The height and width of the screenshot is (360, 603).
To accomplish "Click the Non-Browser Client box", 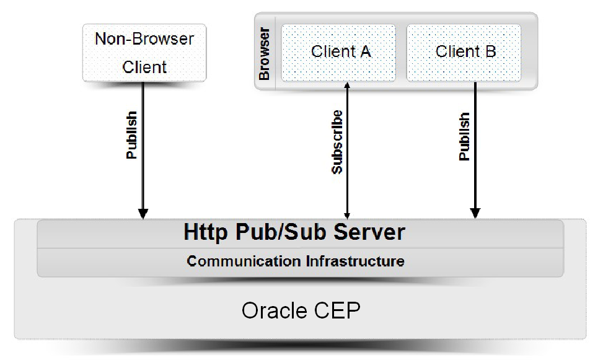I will pyautogui.click(x=144, y=53).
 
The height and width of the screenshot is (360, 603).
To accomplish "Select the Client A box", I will pyautogui.click(x=338, y=52).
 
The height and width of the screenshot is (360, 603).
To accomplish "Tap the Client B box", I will pyautogui.click(x=465, y=52).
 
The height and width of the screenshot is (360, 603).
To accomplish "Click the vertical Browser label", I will pyautogui.click(x=265, y=54).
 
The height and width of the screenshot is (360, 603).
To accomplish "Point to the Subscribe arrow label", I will pyautogui.click(x=337, y=142).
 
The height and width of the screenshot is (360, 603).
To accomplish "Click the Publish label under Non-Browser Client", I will pyautogui.click(x=132, y=135).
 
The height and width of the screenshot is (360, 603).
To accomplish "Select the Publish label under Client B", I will pyautogui.click(x=464, y=136).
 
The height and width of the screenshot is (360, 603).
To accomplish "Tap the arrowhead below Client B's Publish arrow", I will pyautogui.click(x=475, y=213).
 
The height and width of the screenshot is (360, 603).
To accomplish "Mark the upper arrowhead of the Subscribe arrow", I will pyautogui.click(x=347, y=87).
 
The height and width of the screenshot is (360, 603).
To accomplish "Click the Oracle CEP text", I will pyautogui.click(x=301, y=310).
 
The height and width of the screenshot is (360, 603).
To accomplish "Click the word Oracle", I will pyautogui.click(x=271, y=310).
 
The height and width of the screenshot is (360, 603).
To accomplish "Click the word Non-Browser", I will pyautogui.click(x=144, y=39).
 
